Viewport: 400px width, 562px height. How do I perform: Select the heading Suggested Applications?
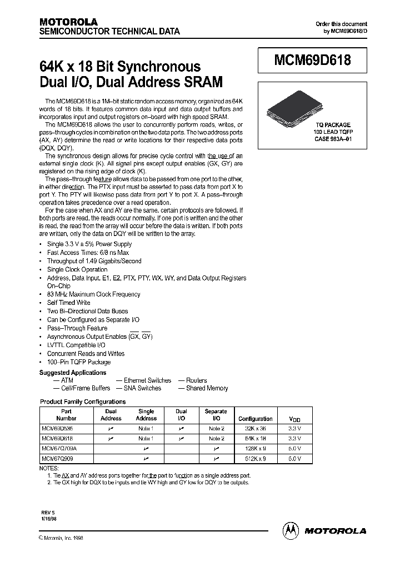point(73,373)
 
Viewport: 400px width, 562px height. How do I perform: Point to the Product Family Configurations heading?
point(83,402)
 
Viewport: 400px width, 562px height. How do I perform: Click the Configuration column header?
point(255,419)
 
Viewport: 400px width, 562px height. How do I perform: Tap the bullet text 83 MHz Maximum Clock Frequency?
point(93,294)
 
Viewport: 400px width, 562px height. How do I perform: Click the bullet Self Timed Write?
point(68,303)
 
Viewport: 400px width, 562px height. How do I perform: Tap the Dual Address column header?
point(111,415)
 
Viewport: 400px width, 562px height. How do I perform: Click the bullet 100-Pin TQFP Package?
point(79,362)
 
